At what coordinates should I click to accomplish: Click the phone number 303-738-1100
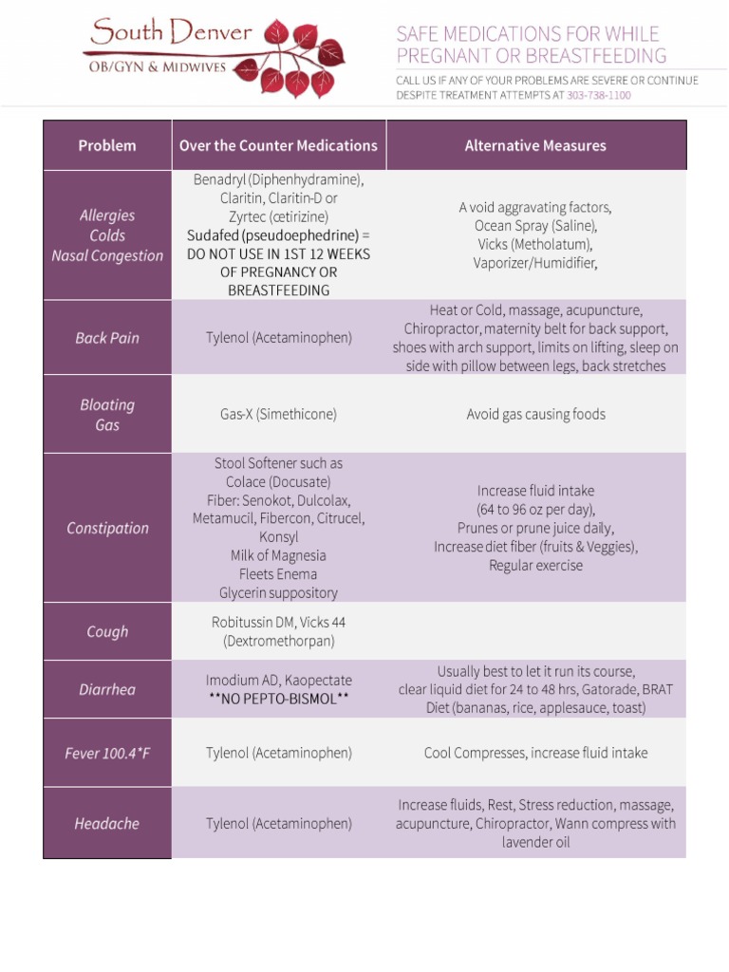pyautogui.click(x=599, y=95)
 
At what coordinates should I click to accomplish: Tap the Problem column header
pyautogui.click(x=107, y=145)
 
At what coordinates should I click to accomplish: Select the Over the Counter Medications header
pyautogui.click(x=278, y=145)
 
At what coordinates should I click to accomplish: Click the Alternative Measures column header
pyautogui.click(x=535, y=145)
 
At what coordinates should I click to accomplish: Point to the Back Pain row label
pyautogui.click(x=107, y=338)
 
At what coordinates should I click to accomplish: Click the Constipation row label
pyautogui.click(x=107, y=528)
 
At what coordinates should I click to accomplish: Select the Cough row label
pyautogui.click(x=107, y=631)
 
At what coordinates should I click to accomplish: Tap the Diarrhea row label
pyautogui.click(x=107, y=689)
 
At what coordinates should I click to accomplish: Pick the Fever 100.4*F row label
pyautogui.click(x=107, y=753)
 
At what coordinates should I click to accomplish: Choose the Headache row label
pyautogui.click(x=107, y=823)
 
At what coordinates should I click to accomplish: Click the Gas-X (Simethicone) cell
pyautogui.click(x=278, y=414)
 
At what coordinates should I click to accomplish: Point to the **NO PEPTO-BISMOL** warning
pyautogui.click(x=278, y=699)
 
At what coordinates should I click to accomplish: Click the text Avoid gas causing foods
pyautogui.click(x=535, y=414)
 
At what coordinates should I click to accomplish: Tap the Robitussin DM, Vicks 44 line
pyautogui.click(x=278, y=623)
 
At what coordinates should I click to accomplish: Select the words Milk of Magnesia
pyautogui.click(x=278, y=555)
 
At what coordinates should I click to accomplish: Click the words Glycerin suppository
pyautogui.click(x=278, y=592)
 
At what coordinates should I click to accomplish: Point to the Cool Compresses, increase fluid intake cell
pyautogui.click(x=535, y=753)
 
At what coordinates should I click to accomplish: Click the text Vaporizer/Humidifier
pyautogui.click(x=535, y=263)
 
